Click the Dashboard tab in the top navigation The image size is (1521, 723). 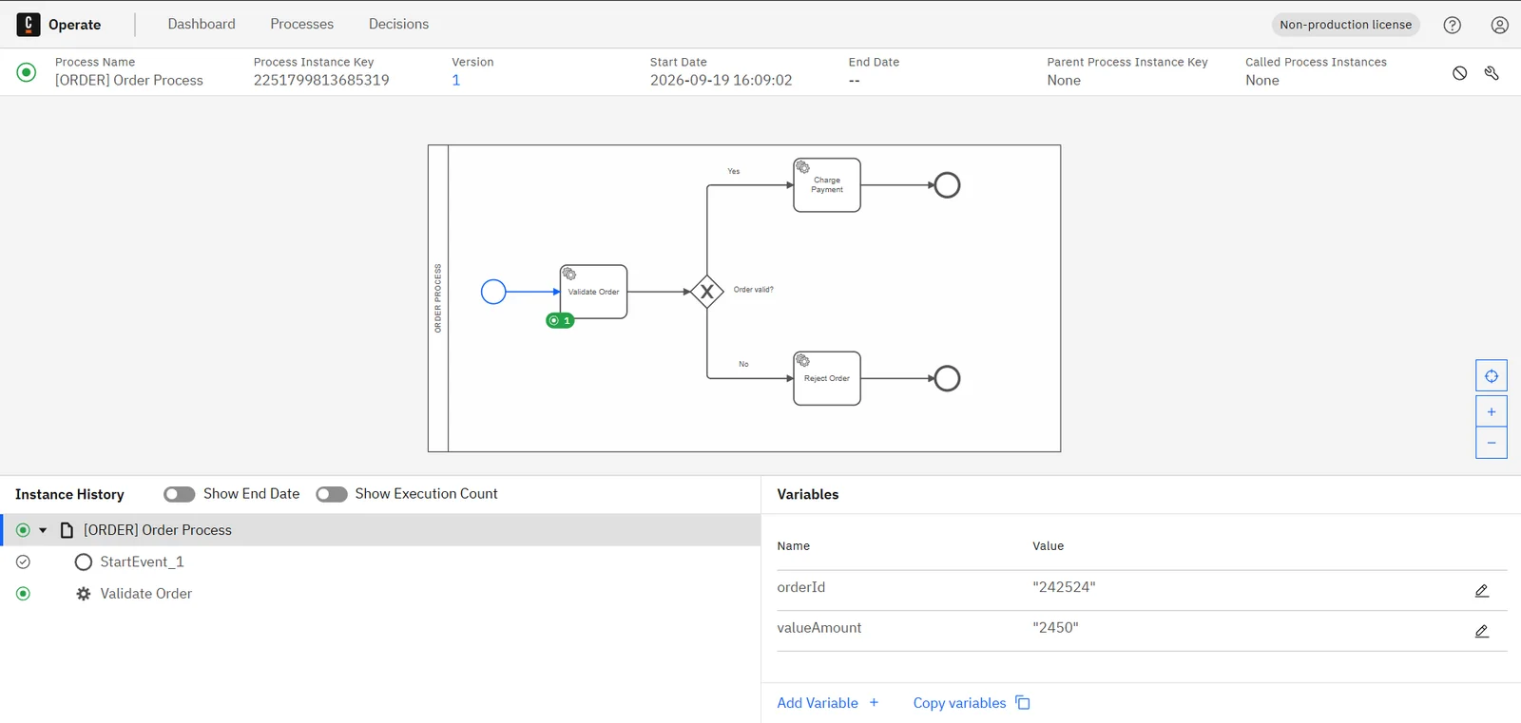point(201,24)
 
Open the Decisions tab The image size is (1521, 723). point(398,24)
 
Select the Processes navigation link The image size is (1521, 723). point(301,24)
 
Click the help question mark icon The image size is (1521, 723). point(1452,25)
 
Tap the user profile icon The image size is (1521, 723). point(1499,25)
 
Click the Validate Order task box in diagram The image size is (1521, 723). point(593,292)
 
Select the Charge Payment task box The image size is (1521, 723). point(827,185)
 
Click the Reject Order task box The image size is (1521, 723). point(827,378)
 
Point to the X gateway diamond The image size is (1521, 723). point(707,292)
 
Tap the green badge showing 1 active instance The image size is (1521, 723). point(560,320)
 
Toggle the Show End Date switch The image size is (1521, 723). point(180,494)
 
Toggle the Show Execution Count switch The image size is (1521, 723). point(332,494)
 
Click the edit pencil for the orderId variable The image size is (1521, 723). point(1482,591)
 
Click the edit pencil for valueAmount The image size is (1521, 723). point(1482,632)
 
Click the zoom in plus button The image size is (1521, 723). point(1492,412)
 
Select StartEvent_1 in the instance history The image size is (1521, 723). point(142,562)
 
